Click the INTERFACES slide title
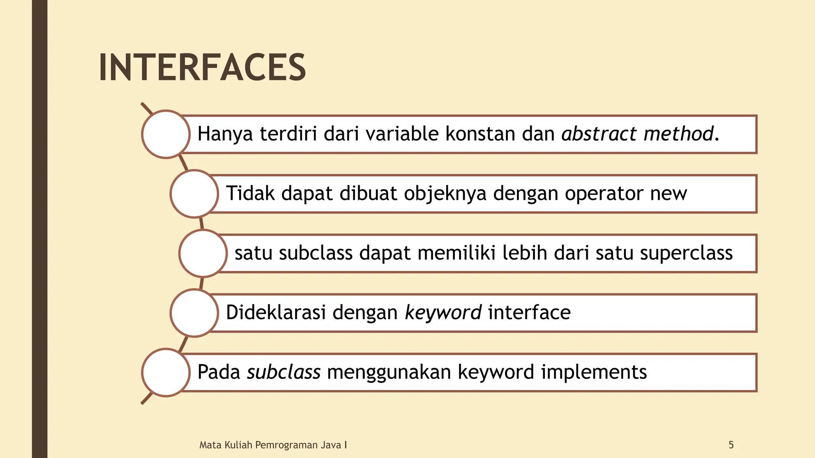click(202, 68)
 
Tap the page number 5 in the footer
click(731, 445)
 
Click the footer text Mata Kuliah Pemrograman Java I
click(273, 445)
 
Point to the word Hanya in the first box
click(225, 134)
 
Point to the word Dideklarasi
click(276, 312)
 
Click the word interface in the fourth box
click(529, 312)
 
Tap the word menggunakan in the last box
click(389, 373)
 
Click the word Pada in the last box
click(219, 372)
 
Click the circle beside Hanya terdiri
click(166, 134)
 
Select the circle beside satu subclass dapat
click(203, 253)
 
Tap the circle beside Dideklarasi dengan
click(194, 313)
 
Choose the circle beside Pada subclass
click(166, 373)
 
